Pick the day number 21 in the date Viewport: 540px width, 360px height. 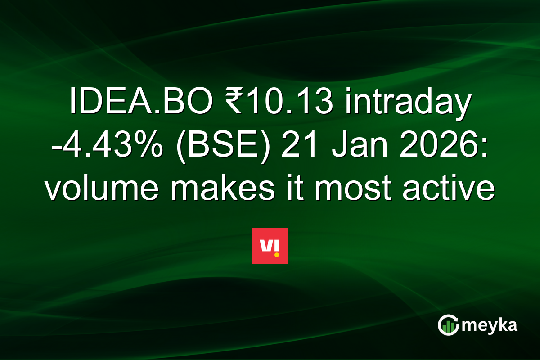pyautogui.click(x=294, y=147)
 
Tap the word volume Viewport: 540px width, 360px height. pyautogui.click(x=102, y=189)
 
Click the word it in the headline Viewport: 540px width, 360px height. pyautogui.click(x=293, y=189)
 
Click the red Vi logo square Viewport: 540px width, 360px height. pyautogui.click(x=270, y=246)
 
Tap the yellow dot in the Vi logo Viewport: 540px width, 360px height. pyautogui.click(x=276, y=254)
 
